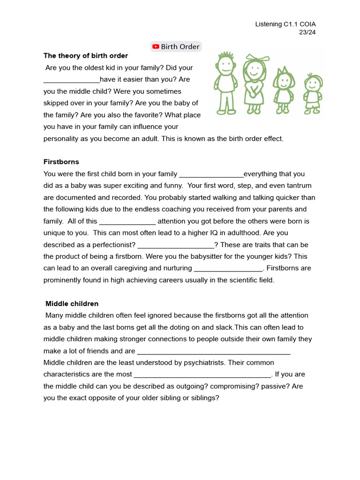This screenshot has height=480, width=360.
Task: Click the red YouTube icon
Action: tap(156, 46)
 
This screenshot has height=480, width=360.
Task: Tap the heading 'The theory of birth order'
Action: tap(86, 56)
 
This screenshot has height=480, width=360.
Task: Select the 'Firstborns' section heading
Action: tap(61, 162)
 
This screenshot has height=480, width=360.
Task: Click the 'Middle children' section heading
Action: tap(72, 304)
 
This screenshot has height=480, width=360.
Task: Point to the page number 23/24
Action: tap(307, 32)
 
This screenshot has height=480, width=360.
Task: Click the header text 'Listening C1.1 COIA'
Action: tap(289, 24)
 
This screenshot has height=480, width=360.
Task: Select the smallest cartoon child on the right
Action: tap(312, 94)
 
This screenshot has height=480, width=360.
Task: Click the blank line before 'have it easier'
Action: tap(72, 80)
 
